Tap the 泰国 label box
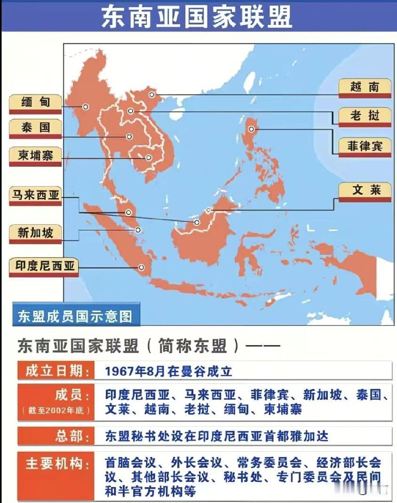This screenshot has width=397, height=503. click(x=35, y=128)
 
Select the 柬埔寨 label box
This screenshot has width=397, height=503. click(x=35, y=156)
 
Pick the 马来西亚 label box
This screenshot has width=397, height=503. click(x=36, y=195)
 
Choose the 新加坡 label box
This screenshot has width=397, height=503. click(x=35, y=233)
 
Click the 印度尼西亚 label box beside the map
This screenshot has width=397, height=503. click(x=43, y=266)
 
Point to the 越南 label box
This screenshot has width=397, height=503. click(x=365, y=87)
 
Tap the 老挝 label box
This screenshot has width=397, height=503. click(x=365, y=116)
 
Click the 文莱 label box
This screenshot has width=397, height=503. click(x=365, y=191)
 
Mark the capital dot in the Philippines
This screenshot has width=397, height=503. click(x=252, y=129)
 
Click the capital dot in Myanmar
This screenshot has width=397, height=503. click(x=86, y=107)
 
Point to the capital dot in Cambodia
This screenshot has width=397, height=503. click(x=148, y=158)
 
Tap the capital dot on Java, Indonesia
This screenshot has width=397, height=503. click(x=141, y=267)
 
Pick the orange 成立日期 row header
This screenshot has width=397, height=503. click(x=56, y=371)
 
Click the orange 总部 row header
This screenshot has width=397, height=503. click(x=56, y=436)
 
